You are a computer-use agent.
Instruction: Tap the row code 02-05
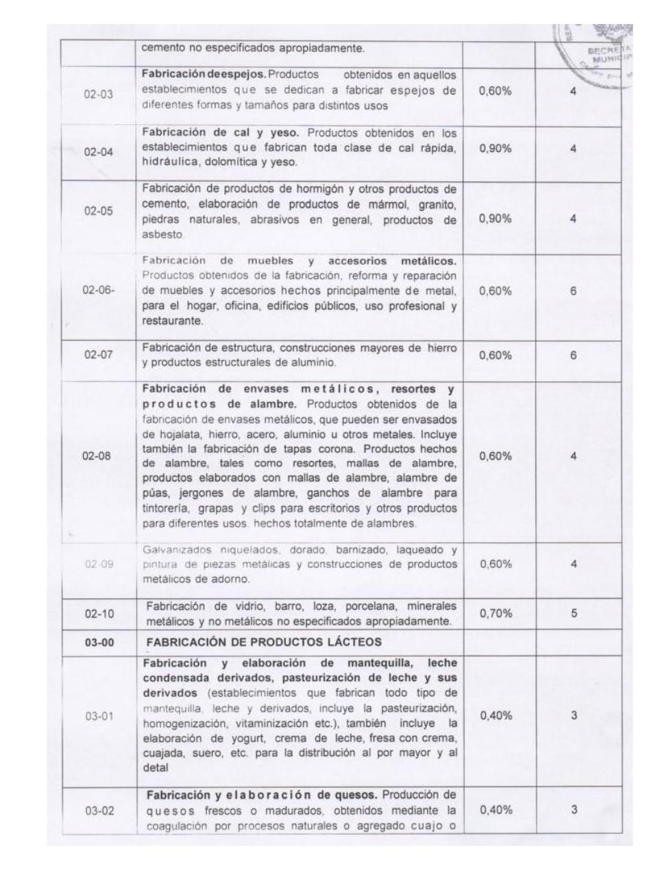click(98, 211)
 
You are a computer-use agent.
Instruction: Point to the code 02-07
click(98, 355)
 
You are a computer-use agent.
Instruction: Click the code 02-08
click(98, 456)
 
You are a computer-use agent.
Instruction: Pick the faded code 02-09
click(98, 565)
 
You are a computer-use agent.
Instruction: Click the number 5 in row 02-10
click(574, 613)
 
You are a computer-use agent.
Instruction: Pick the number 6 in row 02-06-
click(574, 291)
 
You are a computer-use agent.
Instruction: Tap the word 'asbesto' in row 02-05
click(158, 234)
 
